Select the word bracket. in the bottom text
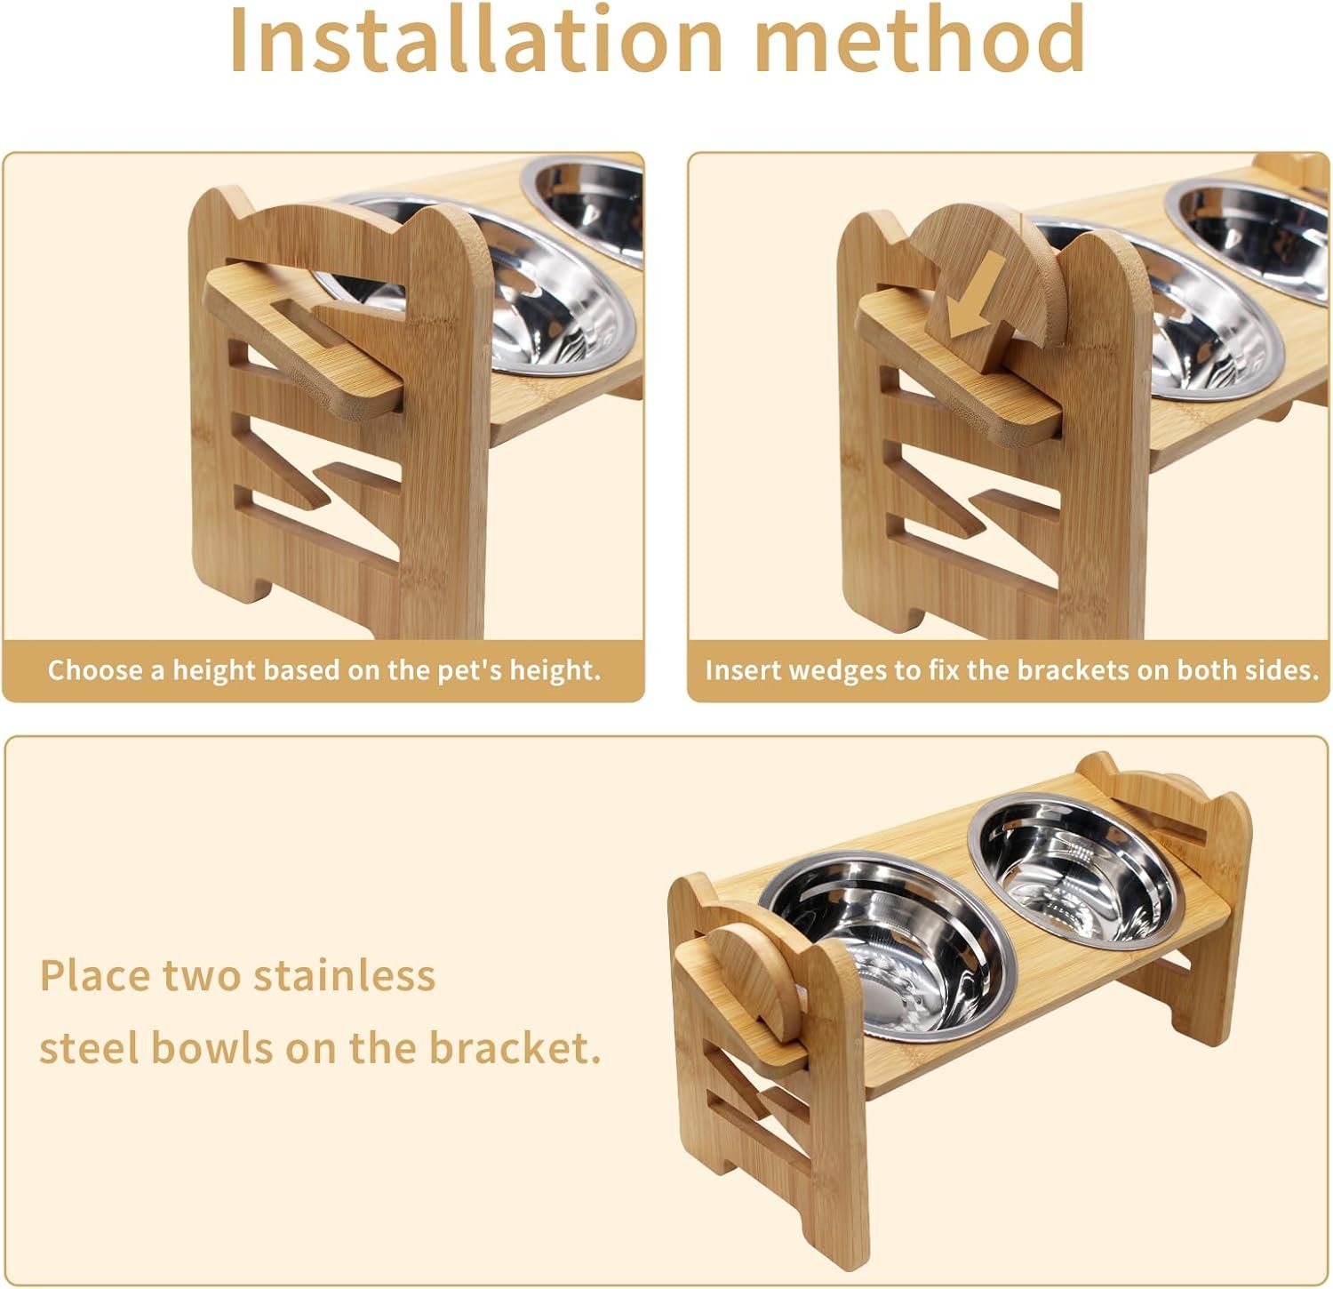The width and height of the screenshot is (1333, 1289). [515, 1048]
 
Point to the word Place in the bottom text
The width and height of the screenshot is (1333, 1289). [94, 975]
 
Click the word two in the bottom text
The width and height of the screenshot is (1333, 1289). [201, 977]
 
